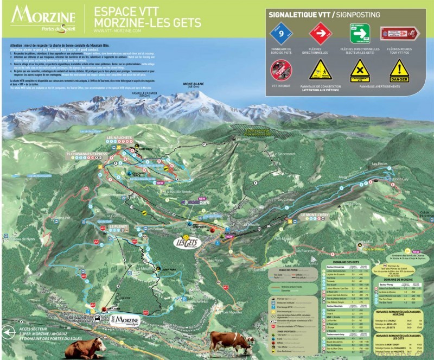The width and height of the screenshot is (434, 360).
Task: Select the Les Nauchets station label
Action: pyautogui.click(x=119, y=138)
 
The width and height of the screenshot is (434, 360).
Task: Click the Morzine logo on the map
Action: pyautogui.click(x=125, y=320)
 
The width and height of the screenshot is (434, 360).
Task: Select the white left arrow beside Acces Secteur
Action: pyautogui.click(x=8, y=332)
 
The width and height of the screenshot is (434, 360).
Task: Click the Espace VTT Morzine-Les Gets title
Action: pyautogui.click(x=147, y=17)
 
